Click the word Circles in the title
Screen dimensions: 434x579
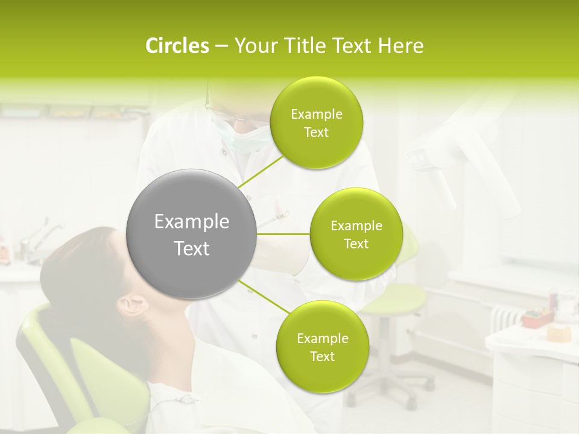pyautogui.click(x=177, y=46)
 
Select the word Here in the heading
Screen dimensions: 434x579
pyautogui.click(x=400, y=46)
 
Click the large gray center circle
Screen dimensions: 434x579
pyautogui.click(x=191, y=234)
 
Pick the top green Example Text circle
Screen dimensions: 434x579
pyautogui.click(x=316, y=123)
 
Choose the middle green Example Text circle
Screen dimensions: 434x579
pyautogui.click(x=356, y=234)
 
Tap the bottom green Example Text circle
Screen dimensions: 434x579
pyautogui.click(x=322, y=347)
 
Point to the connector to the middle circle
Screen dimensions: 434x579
pyautogui.click(x=283, y=234)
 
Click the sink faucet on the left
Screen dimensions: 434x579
pyautogui.click(x=42, y=235)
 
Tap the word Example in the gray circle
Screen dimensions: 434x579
pyautogui.click(x=191, y=222)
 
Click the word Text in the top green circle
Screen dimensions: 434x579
pyautogui.click(x=316, y=132)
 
